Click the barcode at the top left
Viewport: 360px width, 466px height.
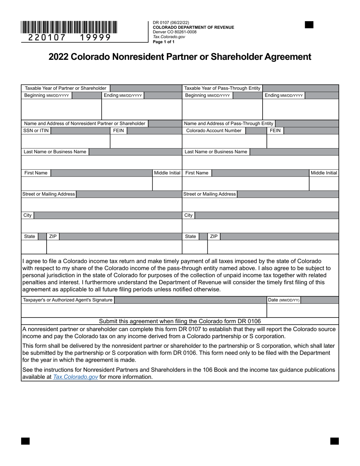pyautogui.click(x=69, y=27)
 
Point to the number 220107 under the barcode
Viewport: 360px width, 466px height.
pyautogui.click(x=47, y=38)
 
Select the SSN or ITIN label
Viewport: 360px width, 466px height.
pyautogui.click(x=36, y=131)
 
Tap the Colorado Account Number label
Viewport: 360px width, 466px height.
pyautogui.click(x=214, y=131)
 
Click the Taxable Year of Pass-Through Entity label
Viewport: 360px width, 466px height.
pyautogui.click(x=222, y=88)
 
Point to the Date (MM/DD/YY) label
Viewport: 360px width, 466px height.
pyautogui.click(x=283, y=300)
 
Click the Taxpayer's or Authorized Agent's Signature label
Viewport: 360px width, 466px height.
pyautogui.click(x=68, y=300)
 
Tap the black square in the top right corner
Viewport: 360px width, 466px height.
pyautogui.click(x=309, y=25)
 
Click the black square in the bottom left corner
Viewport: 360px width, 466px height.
pyautogui.click(x=25, y=441)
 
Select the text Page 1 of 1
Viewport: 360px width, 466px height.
pyautogui.click(x=164, y=42)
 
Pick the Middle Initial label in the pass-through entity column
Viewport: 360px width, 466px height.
pyautogui.click(x=324, y=173)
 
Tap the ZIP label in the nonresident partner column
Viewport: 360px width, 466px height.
pyautogui.click(x=53, y=236)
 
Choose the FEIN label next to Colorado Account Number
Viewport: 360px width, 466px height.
pyautogui.click(x=275, y=131)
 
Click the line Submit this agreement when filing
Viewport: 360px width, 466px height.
pyautogui.click(x=180, y=321)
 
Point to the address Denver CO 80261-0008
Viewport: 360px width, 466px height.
pyautogui.click(x=175, y=32)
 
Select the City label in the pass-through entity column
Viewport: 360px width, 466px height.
pyautogui.click(x=188, y=215)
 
